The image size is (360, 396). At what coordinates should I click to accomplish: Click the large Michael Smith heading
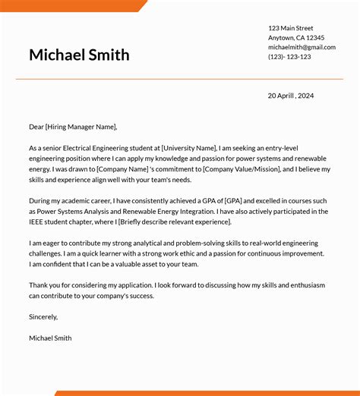coord(79,55)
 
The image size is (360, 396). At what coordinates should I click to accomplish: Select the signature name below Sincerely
coord(50,338)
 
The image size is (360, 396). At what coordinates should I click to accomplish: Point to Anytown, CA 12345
coord(295,38)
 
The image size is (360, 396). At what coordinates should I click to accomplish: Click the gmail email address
coord(301,47)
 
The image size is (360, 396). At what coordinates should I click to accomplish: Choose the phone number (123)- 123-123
coord(289,57)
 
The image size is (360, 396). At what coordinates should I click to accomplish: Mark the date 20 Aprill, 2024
coord(290,96)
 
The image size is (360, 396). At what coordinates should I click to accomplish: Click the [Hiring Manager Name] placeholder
coord(81,127)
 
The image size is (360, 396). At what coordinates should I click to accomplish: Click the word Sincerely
coord(43,316)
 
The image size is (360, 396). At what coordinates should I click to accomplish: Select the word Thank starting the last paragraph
coord(39,284)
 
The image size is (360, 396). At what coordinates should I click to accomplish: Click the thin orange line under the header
coord(179,79)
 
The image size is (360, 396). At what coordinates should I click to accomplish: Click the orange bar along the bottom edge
coord(205,393)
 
